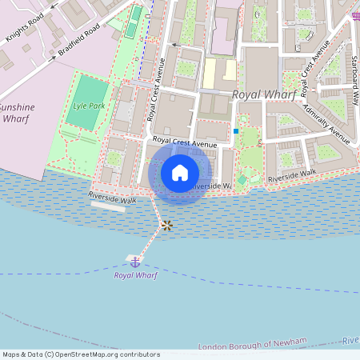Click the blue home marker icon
pos(180,173)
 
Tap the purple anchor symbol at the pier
pos(135,262)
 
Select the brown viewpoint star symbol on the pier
pos(166,226)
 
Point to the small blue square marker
pos(236,131)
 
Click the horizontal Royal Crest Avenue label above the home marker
pos(185,143)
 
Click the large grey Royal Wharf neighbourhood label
pos(263,94)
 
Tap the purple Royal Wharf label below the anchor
pos(135,275)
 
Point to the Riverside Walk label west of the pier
pos(108,197)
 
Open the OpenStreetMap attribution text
pos(81,354)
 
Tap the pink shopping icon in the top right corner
pos(355,16)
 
